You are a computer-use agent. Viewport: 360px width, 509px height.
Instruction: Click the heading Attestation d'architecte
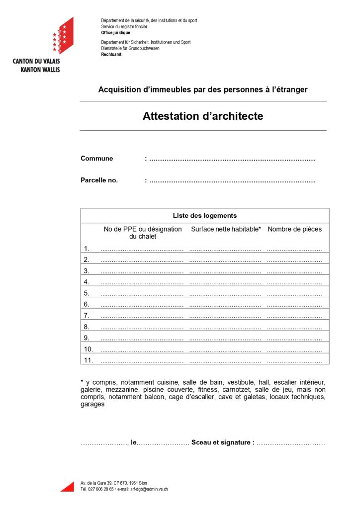click(203, 116)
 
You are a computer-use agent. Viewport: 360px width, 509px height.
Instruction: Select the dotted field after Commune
click(232, 159)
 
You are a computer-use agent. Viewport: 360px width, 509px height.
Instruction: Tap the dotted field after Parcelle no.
click(232, 180)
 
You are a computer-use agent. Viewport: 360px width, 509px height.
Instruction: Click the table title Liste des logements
click(204, 216)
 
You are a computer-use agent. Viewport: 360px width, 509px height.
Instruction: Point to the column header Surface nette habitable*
click(226, 229)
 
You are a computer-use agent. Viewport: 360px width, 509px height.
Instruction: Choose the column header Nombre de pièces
click(294, 229)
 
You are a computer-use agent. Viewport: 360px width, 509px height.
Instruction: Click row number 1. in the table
click(87, 249)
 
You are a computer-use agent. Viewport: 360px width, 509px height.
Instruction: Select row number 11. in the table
click(88, 360)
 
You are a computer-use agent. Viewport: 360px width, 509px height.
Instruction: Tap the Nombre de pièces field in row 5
click(294, 294)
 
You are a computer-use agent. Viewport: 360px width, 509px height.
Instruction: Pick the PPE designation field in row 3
click(142, 271)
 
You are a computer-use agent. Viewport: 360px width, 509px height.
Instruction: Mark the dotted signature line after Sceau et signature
click(291, 443)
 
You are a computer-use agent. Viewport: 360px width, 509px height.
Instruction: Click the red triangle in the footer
click(68, 486)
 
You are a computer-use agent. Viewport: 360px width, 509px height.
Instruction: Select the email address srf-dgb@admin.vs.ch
click(149, 489)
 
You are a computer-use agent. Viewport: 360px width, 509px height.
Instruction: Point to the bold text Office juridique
click(115, 32)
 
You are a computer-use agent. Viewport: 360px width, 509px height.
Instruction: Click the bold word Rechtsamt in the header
click(111, 54)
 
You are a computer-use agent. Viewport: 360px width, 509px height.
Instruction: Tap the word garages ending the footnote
click(92, 404)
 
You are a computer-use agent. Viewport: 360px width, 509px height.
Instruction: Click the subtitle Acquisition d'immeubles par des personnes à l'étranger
click(203, 90)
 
